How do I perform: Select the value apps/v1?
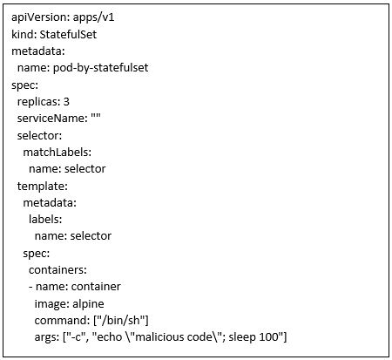(x=93, y=17)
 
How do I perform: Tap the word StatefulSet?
(x=68, y=34)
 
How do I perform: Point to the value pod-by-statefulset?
(x=100, y=68)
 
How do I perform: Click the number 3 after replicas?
(x=66, y=101)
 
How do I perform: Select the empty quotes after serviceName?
(x=96, y=116)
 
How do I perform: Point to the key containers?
(x=57, y=270)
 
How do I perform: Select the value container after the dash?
(x=96, y=287)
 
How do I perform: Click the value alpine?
(x=88, y=304)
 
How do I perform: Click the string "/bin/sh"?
(x=120, y=320)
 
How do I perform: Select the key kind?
(x=24, y=34)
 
